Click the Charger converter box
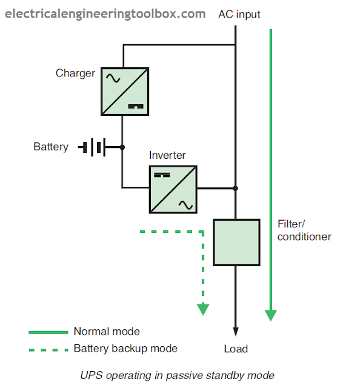[124, 92]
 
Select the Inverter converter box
[173, 189]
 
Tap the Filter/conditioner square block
[236, 242]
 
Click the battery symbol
[93, 147]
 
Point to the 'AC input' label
[239, 14]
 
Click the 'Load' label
[235, 349]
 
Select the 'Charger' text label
[75, 73]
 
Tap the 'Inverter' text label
[167, 155]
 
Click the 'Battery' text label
[51, 147]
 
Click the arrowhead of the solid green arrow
[271, 315]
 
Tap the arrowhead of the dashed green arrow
[203, 309]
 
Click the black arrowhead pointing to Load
[236, 331]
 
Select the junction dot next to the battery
[122, 147]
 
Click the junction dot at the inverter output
[236, 189]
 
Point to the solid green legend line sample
[48, 332]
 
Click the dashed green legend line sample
[48, 349]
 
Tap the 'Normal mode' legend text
[107, 332]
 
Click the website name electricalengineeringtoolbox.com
[105, 13]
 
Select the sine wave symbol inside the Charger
[113, 78]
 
